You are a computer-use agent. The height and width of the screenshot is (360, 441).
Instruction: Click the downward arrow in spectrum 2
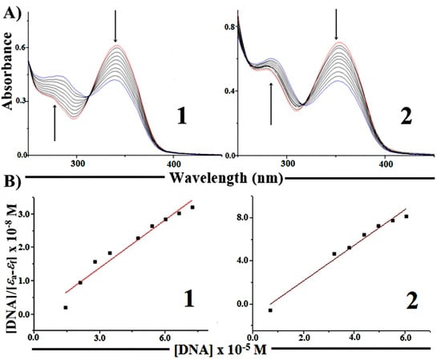pyautogui.click(x=336, y=25)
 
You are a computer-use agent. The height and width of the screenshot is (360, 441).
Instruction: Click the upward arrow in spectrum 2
pyautogui.click(x=271, y=103)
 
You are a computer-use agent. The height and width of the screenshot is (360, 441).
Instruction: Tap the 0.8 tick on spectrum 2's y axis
pyautogui.click(x=229, y=27)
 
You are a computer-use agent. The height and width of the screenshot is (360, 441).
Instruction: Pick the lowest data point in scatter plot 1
pyautogui.click(x=65, y=308)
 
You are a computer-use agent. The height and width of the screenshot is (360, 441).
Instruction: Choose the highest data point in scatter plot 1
pyautogui.click(x=192, y=208)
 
